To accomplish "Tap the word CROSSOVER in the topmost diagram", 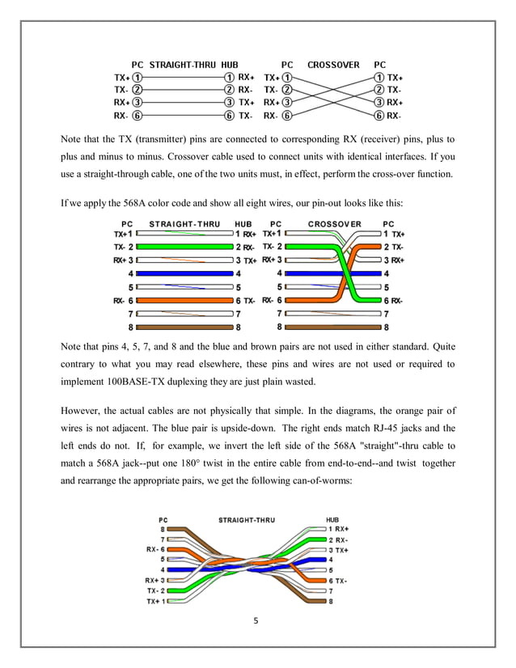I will click(333, 64).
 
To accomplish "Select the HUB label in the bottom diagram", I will click(332, 519).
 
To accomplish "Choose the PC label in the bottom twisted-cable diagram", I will click(163, 519).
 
